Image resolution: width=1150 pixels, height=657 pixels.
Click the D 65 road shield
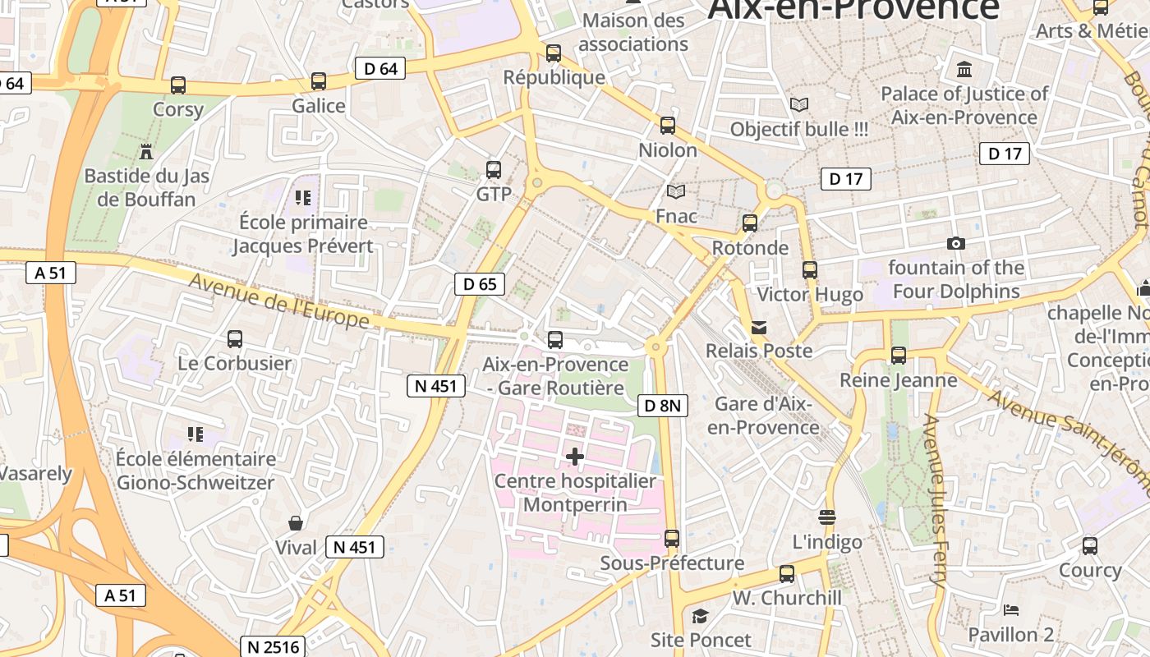pyautogui.click(x=480, y=284)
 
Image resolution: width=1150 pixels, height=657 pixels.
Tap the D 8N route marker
pyautogui.click(x=662, y=405)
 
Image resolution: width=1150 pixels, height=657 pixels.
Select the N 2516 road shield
pyautogui.click(x=273, y=646)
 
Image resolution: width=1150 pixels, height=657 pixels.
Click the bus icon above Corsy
pyautogui.click(x=178, y=85)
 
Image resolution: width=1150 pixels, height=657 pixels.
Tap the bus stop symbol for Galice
pyautogui.click(x=319, y=81)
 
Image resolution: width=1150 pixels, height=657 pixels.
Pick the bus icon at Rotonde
pyautogui.click(x=749, y=223)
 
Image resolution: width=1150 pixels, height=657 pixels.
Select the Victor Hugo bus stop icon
pyautogui.click(x=810, y=269)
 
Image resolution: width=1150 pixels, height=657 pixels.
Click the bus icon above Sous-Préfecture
pyautogui.click(x=672, y=539)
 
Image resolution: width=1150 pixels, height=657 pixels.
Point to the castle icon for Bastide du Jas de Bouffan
pyautogui.click(x=146, y=151)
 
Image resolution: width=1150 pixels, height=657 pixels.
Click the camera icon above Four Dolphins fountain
pyautogui.click(x=955, y=243)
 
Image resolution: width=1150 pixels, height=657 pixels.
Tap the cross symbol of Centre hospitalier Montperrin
pyautogui.click(x=575, y=457)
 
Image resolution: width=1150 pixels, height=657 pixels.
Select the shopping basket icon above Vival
pyautogui.click(x=295, y=523)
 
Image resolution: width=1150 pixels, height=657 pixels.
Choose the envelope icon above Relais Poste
pyautogui.click(x=759, y=327)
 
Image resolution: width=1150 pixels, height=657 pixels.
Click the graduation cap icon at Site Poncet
pyautogui.click(x=700, y=616)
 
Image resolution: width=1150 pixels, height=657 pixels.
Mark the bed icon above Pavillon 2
pyautogui.click(x=1010, y=610)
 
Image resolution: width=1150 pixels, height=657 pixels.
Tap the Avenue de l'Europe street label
pyautogui.click(x=280, y=301)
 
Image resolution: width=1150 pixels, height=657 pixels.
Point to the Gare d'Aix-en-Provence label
pyautogui.click(x=763, y=416)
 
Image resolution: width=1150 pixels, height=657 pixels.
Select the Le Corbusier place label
pyautogui.click(x=235, y=363)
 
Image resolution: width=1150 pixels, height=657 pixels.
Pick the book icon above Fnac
pyautogui.click(x=676, y=191)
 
